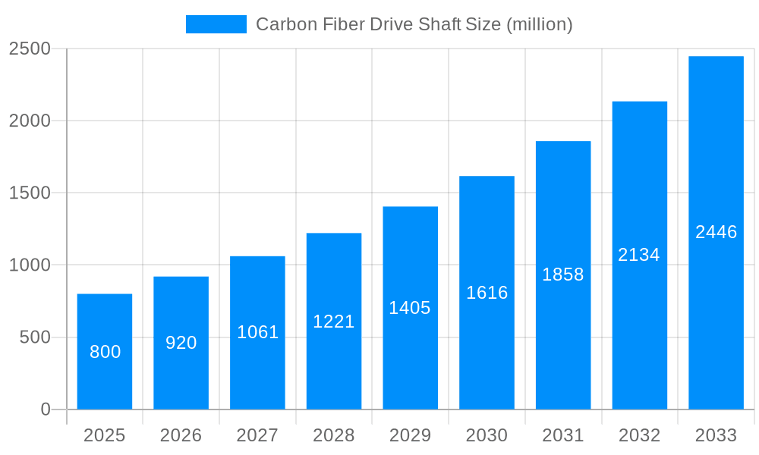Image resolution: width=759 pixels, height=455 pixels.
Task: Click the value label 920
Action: pyautogui.click(x=181, y=343)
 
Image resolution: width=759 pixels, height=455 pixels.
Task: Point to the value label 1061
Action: pyautogui.click(x=258, y=332)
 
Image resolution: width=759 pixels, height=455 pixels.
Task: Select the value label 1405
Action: pyautogui.click(x=410, y=308)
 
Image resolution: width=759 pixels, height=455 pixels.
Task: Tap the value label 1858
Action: pyautogui.click(x=563, y=275)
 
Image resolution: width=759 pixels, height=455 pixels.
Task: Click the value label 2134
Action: pyautogui.click(x=639, y=255)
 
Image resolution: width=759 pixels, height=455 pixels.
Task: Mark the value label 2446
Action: pyautogui.click(x=716, y=232)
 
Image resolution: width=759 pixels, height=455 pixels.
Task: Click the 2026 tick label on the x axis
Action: pyautogui.click(x=181, y=435)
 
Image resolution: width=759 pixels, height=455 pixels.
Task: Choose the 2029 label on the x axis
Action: pyautogui.click(x=410, y=435)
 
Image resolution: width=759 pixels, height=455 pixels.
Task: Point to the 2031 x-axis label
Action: pyautogui.click(x=563, y=435)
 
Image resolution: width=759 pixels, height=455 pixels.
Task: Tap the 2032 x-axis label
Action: pyautogui.click(x=639, y=435)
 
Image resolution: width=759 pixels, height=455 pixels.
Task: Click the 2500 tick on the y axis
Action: pyautogui.click(x=30, y=49)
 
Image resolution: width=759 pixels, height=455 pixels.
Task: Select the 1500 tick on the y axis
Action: pyautogui.click(x=30, y=193)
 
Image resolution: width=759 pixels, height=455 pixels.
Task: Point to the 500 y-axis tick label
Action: pyautogui.click(x=35, y=337)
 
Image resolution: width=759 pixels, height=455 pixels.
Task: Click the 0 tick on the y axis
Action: pyautogui.click(x=46, y=409)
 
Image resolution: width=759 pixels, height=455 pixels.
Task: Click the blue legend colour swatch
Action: pyautogui.click(x=216, y=24)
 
